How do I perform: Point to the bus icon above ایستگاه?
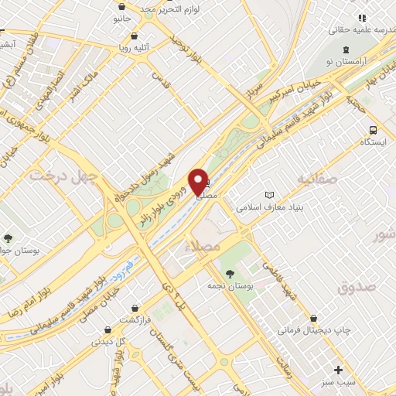[x=374, y=130]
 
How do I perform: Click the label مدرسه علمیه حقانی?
[x=355, y=29]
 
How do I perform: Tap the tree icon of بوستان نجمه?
[x=230, y=272]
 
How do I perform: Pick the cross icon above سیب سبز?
[x=337, y=369]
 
